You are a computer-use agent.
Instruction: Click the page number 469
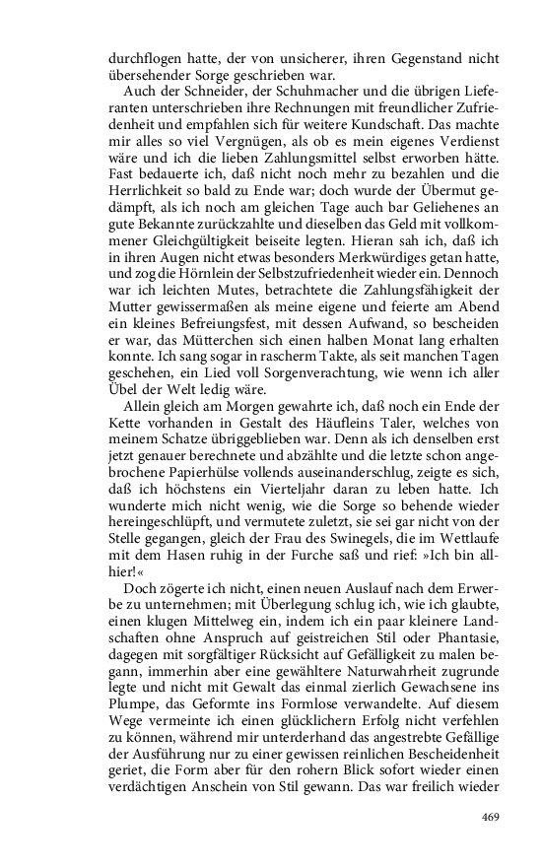[492, 816]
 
